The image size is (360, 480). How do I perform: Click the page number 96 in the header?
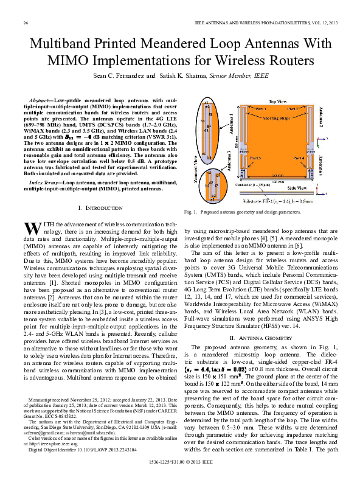tap(26, 23)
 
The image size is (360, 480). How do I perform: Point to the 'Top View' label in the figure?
tap(277, 101)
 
